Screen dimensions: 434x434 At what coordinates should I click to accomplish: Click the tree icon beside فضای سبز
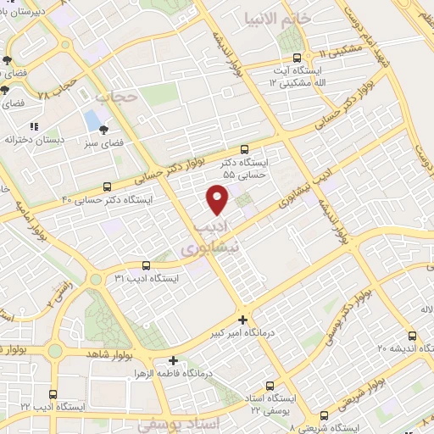pos(103,130)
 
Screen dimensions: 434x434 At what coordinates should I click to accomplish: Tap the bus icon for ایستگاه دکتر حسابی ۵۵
pos(245,147)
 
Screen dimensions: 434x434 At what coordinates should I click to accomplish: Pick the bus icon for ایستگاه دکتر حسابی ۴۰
pos(107,186)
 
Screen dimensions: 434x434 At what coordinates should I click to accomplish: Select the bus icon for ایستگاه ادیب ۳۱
pos(146,264)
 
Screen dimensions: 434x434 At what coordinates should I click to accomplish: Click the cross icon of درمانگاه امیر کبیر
pos(243,320)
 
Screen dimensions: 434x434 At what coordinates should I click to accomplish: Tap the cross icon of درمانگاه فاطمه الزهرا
pos(174,360)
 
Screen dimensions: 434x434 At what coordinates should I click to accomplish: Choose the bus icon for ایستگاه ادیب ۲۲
pos(53,394)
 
